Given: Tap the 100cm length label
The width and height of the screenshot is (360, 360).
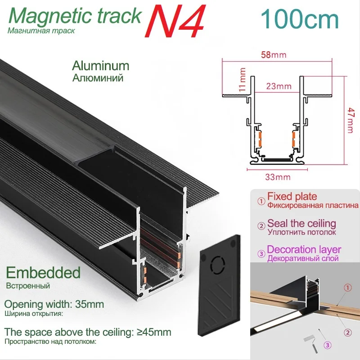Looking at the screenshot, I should pos(300,19).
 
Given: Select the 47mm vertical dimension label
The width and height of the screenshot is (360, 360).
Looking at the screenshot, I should pos(351,120).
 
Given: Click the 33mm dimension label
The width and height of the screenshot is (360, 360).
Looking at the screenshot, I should pos(276,177).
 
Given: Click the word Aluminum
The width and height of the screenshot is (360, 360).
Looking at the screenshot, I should pos(100,66).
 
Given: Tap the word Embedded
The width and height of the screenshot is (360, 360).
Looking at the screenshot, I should pos(43,272).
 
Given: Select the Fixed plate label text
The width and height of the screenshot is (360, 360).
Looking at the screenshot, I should pos(292,197).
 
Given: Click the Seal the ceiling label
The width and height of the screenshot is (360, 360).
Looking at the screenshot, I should pos(301,223).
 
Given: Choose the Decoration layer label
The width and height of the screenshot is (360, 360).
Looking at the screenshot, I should pos(304,249).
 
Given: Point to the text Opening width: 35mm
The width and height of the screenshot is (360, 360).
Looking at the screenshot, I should pos(54,304).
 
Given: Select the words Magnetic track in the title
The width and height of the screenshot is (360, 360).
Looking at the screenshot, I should pos(75,16).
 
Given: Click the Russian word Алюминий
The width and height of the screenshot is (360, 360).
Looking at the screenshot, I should pos(98,77).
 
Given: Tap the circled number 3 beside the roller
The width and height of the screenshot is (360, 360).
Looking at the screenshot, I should pos(328,346).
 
